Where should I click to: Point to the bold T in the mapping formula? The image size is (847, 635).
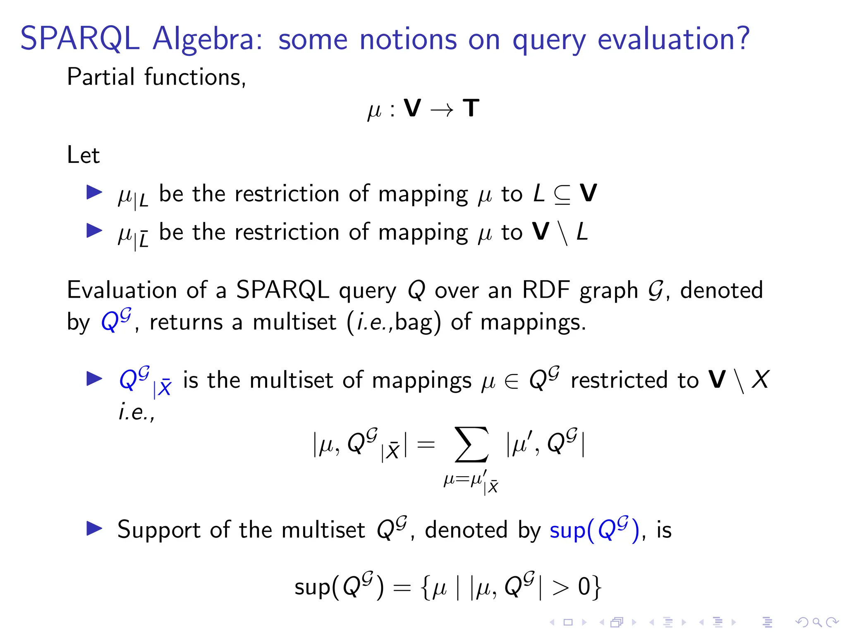point(471,108)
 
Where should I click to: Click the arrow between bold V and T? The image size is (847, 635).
point(442,110)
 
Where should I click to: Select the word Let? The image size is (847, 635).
point(83,155)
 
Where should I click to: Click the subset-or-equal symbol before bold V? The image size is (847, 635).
point(562,195)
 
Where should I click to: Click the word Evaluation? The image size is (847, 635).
point(123,290)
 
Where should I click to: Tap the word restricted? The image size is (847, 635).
point(619,380)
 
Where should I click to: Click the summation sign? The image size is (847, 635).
point(471,445)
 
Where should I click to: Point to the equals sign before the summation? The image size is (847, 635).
point(426,445)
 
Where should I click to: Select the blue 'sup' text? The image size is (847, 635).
point(567,530)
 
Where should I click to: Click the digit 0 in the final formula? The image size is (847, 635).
point(584,587)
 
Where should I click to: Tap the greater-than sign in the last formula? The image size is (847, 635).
point(560,587)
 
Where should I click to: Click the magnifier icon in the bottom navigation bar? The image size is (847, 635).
point(817,622)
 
